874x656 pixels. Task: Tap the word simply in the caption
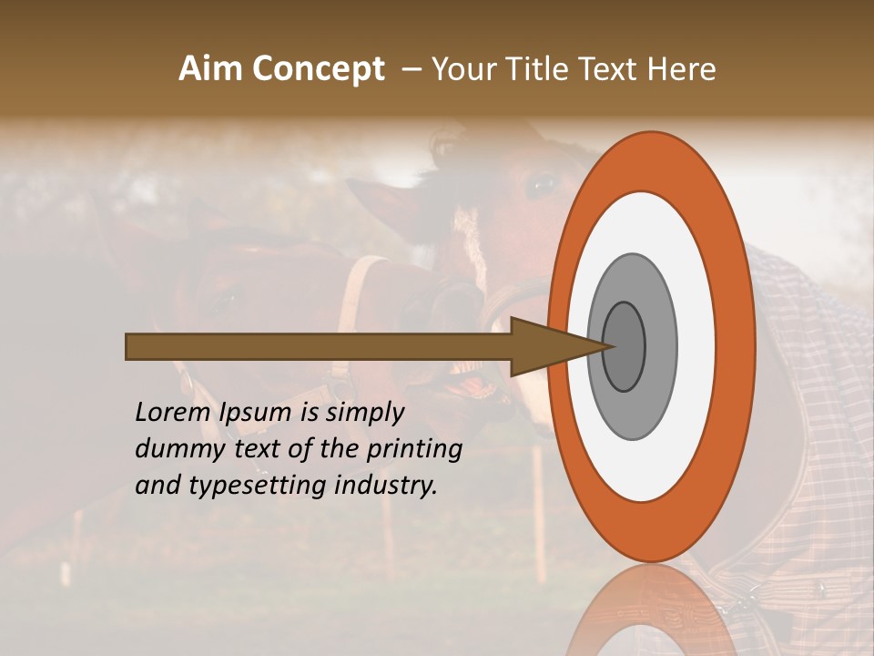364,413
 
